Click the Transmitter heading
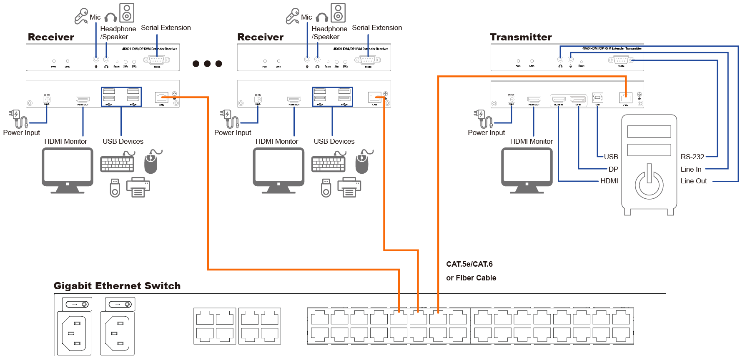click(521, 37)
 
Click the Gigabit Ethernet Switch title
click(117, 286)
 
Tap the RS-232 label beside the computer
click(692, 157)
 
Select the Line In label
click(691, 169)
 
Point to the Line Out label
click(694, 181)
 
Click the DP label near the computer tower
click(613, 169)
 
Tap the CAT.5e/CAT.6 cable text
click(469, 264)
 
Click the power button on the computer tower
click(649, 182)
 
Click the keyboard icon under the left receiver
click(117, 164)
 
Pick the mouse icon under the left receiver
click(151, 162)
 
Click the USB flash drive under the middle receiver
click(326, 188)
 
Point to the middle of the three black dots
click(207, 64)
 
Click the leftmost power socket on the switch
click(74, 333)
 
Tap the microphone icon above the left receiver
click(81, 16)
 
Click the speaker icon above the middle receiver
click(338, 12)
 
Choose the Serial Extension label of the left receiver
click(166, 28)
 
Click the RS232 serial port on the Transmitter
click(621, 60)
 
